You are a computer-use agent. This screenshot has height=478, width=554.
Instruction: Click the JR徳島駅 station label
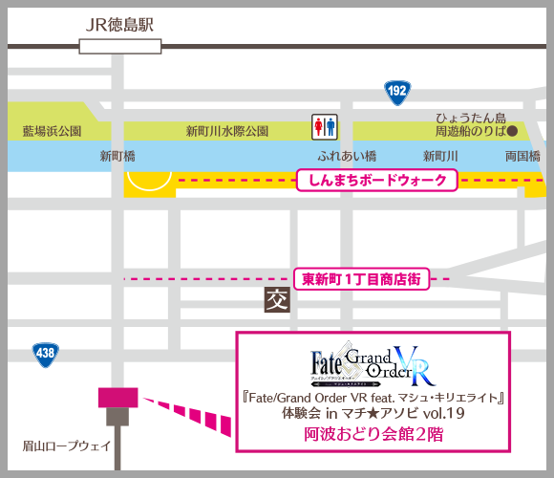click(x=119, y=24)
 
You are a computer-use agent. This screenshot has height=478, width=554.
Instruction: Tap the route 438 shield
click(x=44, y=353)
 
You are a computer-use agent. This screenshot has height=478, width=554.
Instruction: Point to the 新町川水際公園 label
click(x=226, y=131)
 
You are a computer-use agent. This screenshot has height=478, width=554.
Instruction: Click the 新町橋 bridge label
click(x=118, y=156)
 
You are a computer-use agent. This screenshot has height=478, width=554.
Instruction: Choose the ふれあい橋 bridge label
click(x=348, y=156)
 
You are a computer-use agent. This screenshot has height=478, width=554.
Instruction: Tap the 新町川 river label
click(x=441, y=156)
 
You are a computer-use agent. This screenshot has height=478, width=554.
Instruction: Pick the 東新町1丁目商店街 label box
click(x=361, y=279)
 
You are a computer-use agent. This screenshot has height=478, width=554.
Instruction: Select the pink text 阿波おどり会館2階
click(x=373, y=434)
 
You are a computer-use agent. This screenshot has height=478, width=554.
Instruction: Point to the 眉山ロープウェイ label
click(x=68, y=445)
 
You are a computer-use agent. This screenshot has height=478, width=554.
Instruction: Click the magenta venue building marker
click(x=117, y=396)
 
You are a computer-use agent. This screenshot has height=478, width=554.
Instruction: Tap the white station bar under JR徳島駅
click(x=120, y=44)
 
